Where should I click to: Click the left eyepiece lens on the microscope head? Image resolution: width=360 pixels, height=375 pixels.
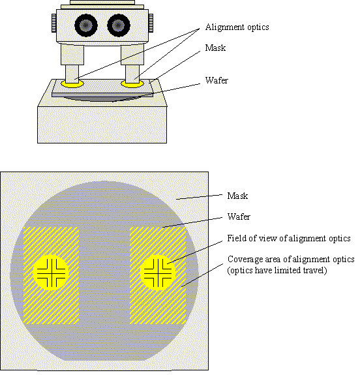point(85,25)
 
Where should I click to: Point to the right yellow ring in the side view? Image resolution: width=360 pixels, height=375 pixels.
point(134,84)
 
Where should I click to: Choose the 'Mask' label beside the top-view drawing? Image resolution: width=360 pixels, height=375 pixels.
point(238,195)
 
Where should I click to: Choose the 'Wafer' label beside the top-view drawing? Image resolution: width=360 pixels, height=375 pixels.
point(238,216)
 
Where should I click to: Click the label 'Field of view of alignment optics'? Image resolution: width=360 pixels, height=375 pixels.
point(289,238)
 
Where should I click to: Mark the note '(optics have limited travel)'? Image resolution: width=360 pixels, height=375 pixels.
point(277,269)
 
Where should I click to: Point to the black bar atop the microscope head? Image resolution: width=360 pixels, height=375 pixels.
point(101,3)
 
